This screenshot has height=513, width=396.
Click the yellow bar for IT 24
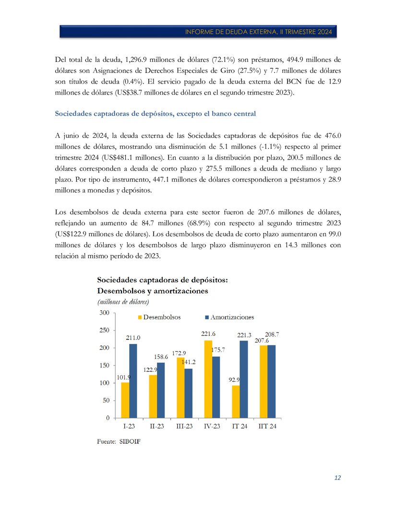coord(236,402)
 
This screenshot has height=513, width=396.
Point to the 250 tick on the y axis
coord(104,330)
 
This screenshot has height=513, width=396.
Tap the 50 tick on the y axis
coord(106,400)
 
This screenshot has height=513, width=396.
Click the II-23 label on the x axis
coord(157,427)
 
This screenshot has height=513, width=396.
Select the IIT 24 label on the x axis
coord(267,427)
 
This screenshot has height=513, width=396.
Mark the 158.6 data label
coord(161,357)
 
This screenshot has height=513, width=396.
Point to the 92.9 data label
coord(235,379)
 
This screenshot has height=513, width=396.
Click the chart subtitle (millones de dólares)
coord(123,302)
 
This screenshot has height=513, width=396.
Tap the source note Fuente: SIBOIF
coord(119,441)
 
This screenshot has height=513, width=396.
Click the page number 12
coord(337,478)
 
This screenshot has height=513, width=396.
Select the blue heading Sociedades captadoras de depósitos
coord(156,114)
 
